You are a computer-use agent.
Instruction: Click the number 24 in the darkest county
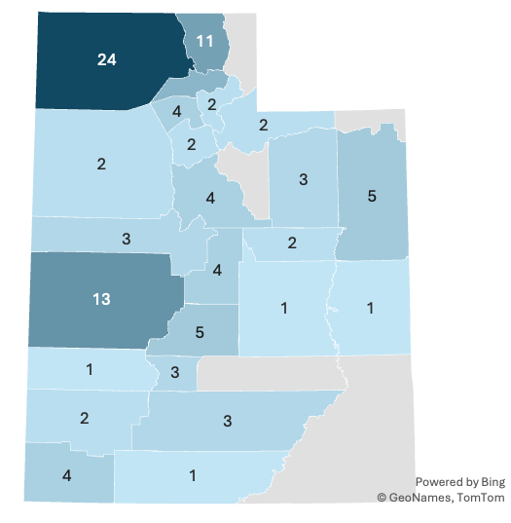[107, 60]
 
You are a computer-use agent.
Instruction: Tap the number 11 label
[204, 41]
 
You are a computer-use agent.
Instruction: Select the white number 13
[101, 299]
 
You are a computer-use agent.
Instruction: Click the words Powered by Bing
[459, 482]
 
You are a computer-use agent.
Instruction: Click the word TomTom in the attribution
[480, 498]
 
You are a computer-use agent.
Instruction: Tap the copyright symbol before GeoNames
[383, 498]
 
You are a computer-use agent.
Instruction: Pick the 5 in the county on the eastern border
[372, 196]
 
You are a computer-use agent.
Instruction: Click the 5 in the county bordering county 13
[200, 332]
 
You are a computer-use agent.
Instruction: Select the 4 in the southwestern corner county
[66, 476]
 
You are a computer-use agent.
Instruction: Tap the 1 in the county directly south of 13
[89, 369]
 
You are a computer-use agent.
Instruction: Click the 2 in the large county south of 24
[101, 164]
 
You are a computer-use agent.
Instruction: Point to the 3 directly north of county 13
[127, 238]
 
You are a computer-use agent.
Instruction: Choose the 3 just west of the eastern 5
[304, 179]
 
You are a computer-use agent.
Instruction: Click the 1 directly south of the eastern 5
[371, 308]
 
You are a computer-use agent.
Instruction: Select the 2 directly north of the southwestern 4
[85, 418]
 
